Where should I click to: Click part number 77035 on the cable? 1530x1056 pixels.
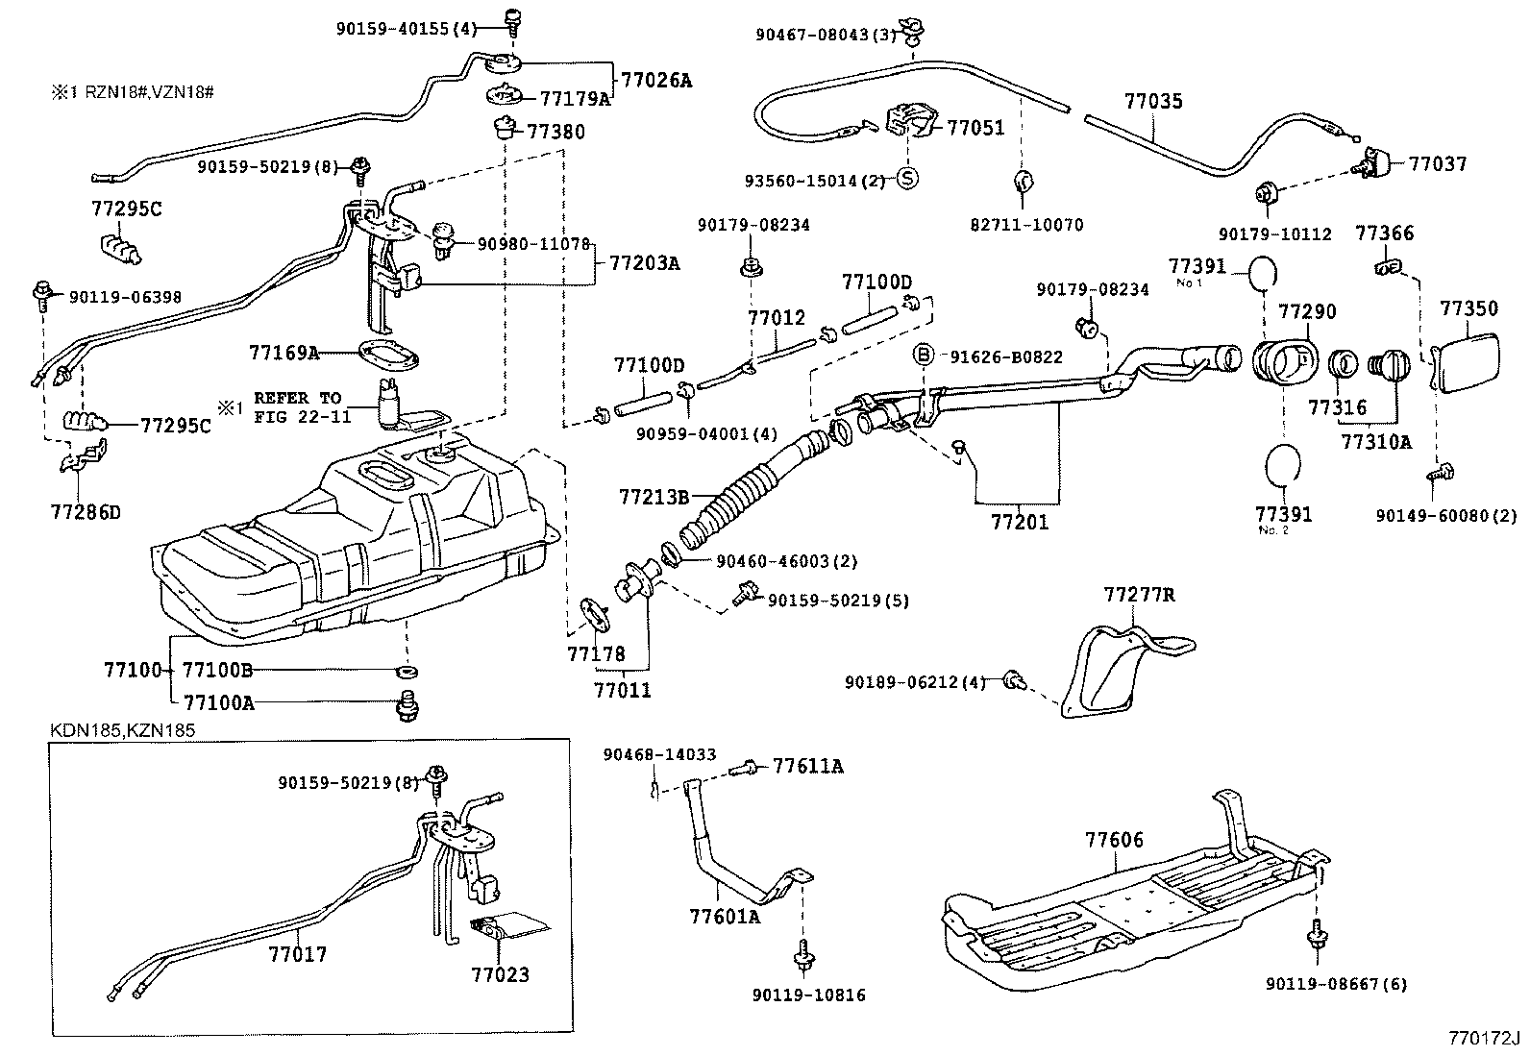[1153, 102]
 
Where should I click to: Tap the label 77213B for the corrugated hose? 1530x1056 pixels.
[654, 497]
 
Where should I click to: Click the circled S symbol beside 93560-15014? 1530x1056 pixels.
[906, 179]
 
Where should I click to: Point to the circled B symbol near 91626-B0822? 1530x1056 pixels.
[923, 356]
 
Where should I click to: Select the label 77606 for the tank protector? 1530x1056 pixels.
[1115, 840]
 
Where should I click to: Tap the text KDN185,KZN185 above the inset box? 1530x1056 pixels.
[123, 730]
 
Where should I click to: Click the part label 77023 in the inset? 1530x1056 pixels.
[500, 974]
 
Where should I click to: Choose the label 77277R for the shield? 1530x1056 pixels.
[1139, 595]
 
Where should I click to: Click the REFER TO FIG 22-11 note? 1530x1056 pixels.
[297, 407]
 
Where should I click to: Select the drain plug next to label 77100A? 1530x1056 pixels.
[407, 708]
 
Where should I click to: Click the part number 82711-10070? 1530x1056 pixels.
[1025, 225]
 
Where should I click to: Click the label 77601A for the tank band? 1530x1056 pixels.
[724, 916]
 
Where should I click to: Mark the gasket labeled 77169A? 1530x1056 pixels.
[388, 354]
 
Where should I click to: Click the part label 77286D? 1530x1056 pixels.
[86, 511]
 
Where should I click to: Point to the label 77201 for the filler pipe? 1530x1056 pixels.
[1020, 523]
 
